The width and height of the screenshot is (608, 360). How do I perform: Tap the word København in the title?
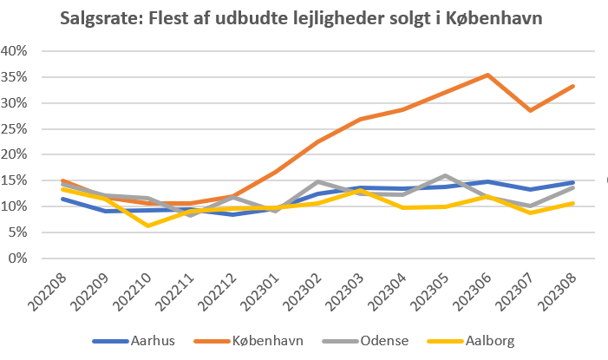pyautogui.click(x=495, y=18)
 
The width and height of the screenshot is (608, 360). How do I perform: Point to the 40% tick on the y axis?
pyautogui.click(x=19, y=51)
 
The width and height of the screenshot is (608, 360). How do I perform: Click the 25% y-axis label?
pyautogui.click(x=19, y=129)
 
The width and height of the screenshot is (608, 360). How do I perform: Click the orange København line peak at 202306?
pyautogui.click(x=489, y=75)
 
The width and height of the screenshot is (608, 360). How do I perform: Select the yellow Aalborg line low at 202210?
pyautogui.click(x=148, y=226)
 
